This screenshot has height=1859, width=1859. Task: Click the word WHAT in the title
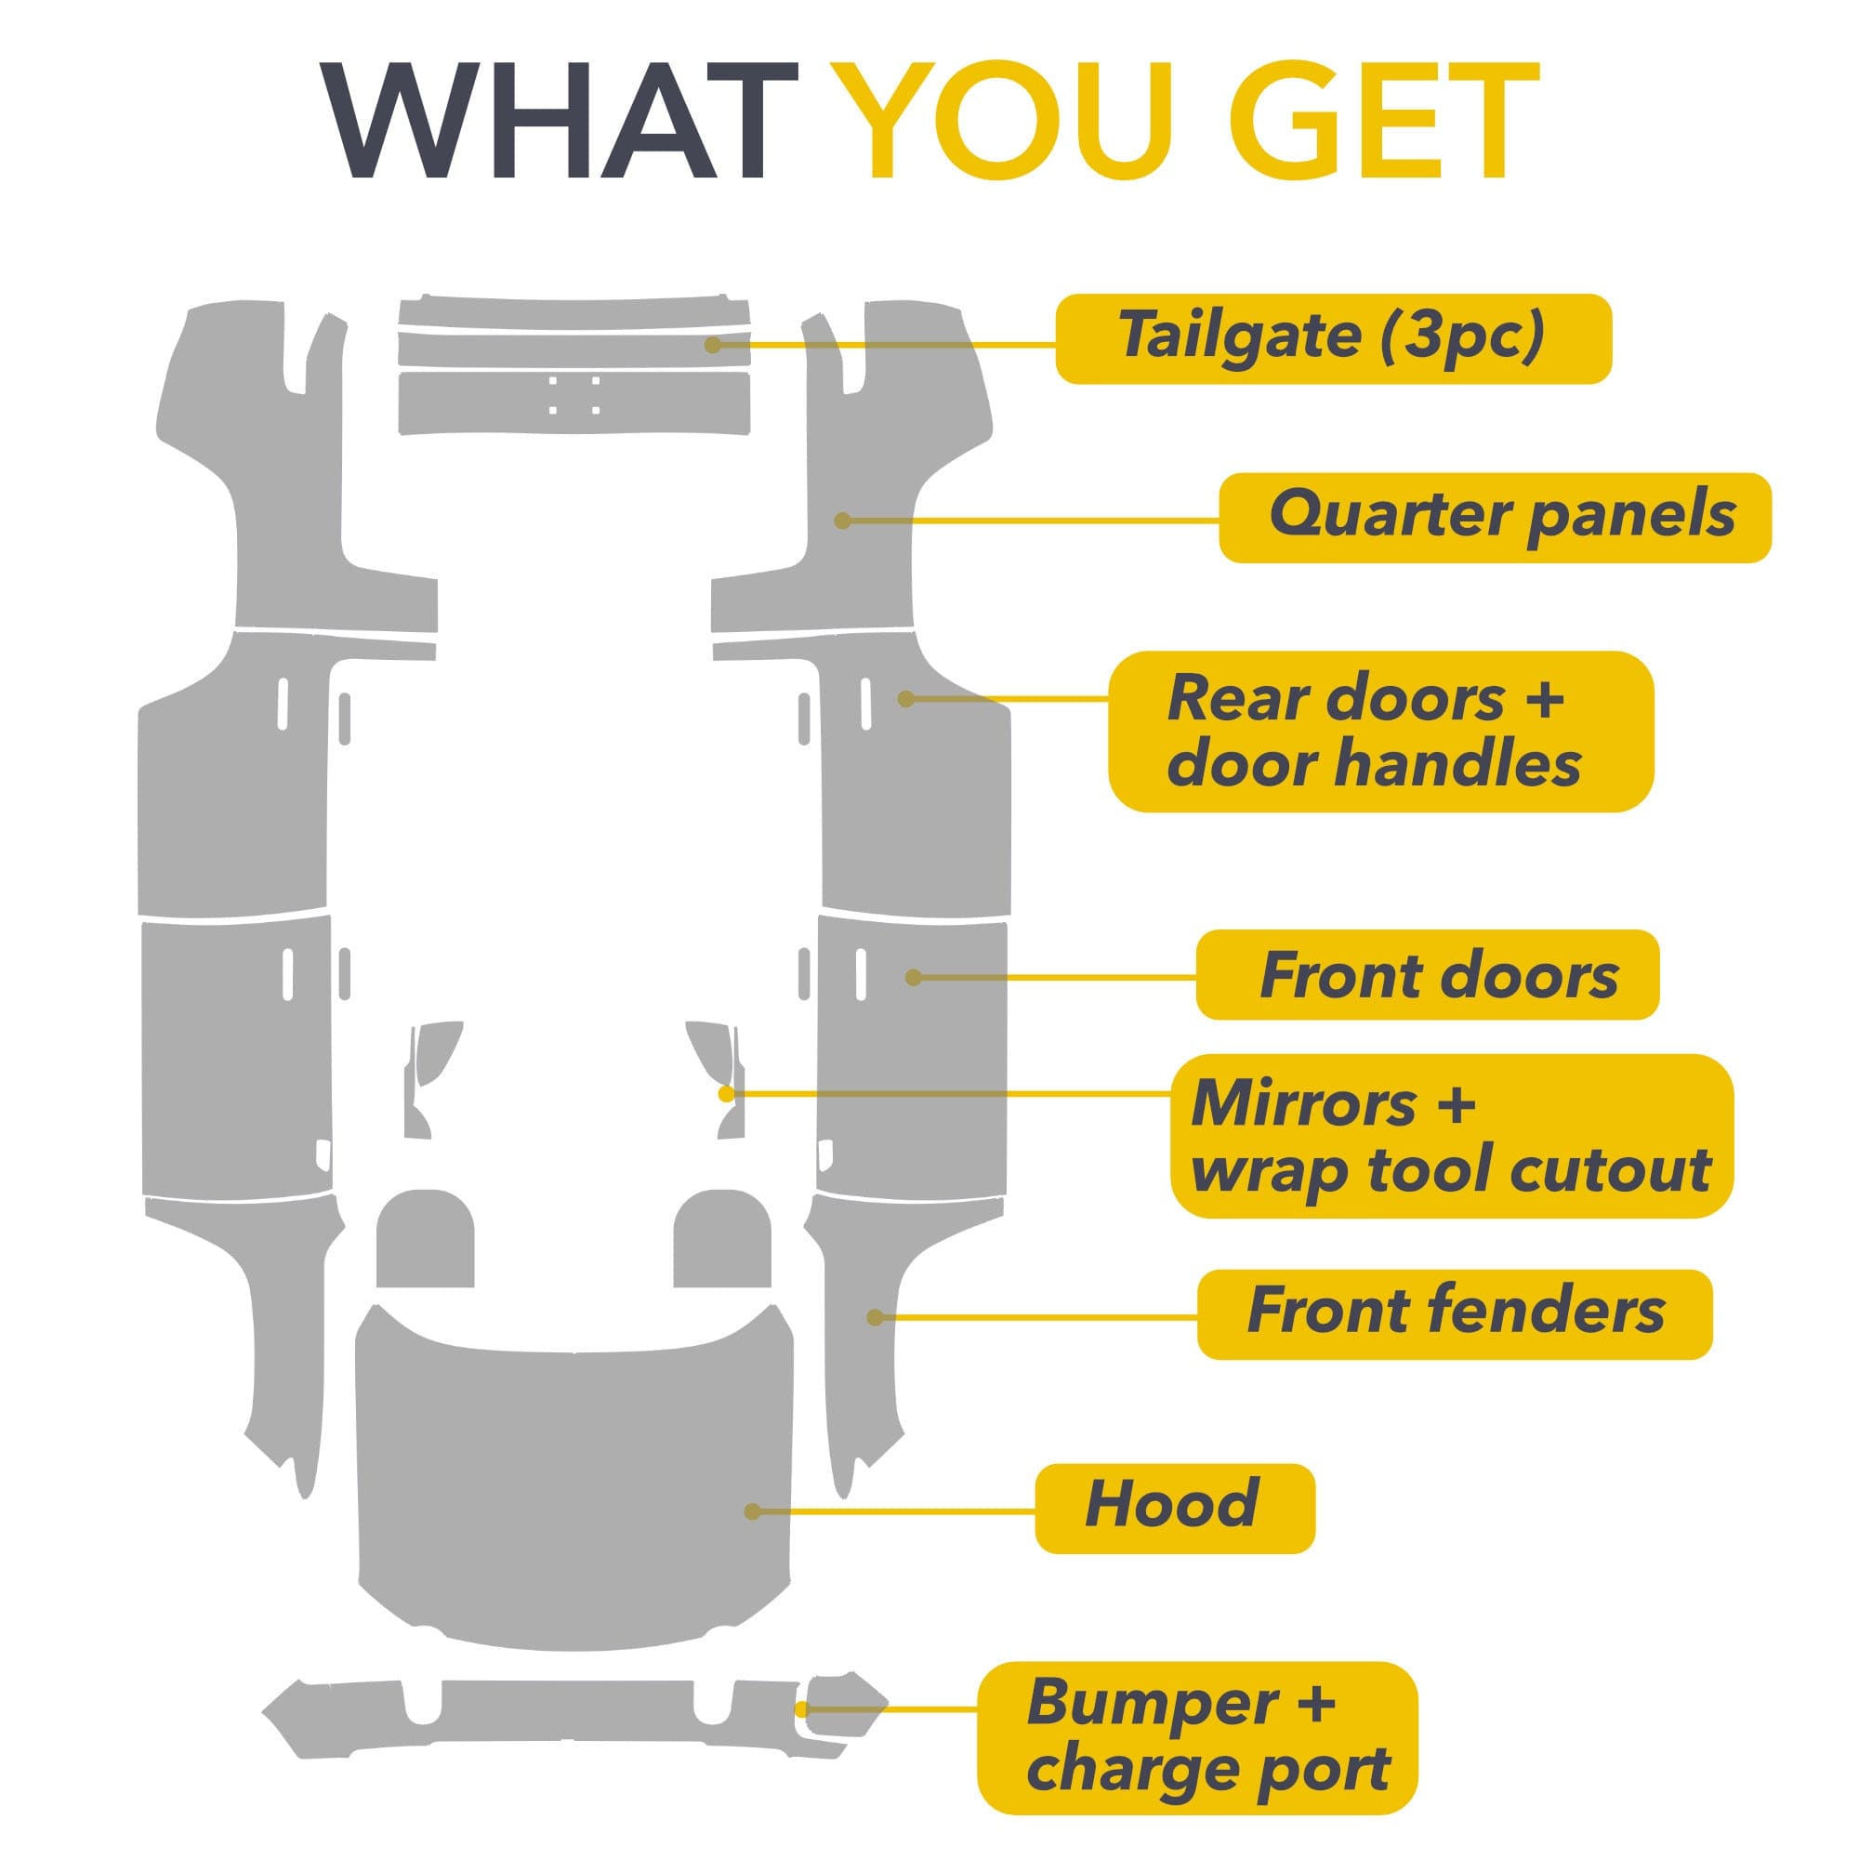(x=559, y=120)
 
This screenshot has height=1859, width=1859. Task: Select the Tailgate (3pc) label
(x=1333, y=338)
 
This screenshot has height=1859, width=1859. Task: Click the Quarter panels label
(x=1495, y=518)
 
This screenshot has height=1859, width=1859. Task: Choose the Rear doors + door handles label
(x=1381, y=732)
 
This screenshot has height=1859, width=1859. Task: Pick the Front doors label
(x=1427, y=975)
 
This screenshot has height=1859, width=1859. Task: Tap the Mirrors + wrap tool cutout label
(x=1451, y=1136)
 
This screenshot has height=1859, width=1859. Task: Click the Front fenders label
(x=1454, y=1314)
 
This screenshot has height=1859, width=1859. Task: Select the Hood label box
(x=1175, y=1508)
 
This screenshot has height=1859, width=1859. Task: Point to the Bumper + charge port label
(x=1197, y=1738)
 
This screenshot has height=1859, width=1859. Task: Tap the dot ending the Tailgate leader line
(x=713, y=345)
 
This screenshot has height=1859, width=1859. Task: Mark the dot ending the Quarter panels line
(x=843, y=521)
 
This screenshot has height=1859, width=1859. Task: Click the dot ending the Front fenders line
(x=876, y=1317)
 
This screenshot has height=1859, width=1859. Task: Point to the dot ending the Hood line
(x=754, y=1511)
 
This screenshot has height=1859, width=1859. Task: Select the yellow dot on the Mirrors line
(x=727, y=1094)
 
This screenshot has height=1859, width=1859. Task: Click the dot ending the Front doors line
(x=914, y=978)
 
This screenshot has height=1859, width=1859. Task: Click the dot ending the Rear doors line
(x=906, y=699)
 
